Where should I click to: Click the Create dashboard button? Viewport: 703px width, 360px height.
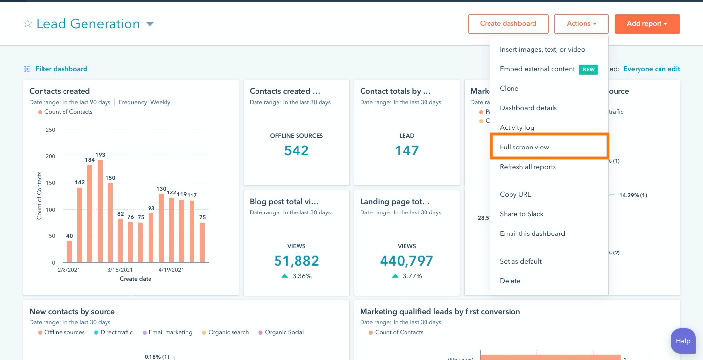click(x=508, y=23)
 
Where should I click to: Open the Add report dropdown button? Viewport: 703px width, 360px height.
click(x=647, y=23)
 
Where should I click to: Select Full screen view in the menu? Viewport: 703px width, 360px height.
click(x=524, y=147)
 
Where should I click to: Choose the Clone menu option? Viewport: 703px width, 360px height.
click(x=509, y=88)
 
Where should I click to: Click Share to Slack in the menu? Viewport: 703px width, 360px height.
click(x=521, y=214)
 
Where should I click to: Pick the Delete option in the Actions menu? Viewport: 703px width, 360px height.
click(x=510, y=281)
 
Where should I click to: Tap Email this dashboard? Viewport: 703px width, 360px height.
click(x=532, y=233)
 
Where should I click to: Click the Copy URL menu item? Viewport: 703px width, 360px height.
click(x=515, y=194)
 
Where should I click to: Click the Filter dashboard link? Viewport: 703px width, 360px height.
click(x=61, y=69)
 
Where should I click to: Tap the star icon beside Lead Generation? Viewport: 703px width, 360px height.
click(x=28, y=24)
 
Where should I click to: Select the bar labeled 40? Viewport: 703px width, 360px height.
click(x=69, y=252)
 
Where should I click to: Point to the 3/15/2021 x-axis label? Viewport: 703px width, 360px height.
click(x=120, y=270)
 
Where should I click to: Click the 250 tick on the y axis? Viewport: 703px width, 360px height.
click(x=50, y=130)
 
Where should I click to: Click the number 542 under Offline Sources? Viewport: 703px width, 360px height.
click(x=296, y=150)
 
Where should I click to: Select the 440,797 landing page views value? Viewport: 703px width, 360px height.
click(x=406, y=261)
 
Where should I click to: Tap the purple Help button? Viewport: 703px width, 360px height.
click(x=682, y=341)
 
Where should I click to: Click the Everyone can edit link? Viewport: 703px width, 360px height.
click(x=651, y=69)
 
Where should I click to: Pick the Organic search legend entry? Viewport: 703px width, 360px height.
click(x=228, y=332)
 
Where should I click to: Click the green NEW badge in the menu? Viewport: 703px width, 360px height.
click(x=588, y=69)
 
